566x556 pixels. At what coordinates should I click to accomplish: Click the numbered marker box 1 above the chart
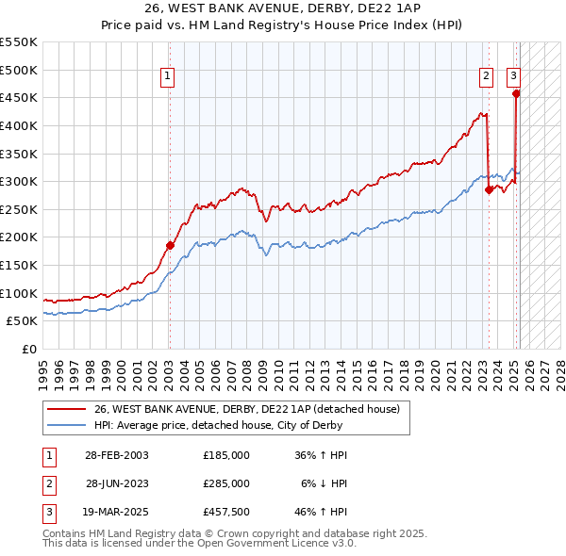167,77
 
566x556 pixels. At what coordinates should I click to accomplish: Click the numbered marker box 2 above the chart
486,77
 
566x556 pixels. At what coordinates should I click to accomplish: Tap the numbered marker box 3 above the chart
514,77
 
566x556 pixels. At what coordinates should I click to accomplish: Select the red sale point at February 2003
170,246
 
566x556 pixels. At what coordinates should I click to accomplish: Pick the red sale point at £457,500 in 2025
516,93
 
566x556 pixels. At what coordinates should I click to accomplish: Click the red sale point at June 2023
489,189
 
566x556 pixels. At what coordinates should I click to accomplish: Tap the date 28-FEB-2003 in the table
116,455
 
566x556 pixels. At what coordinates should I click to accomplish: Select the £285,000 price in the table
226,483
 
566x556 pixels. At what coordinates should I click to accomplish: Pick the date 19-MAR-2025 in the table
116,512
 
